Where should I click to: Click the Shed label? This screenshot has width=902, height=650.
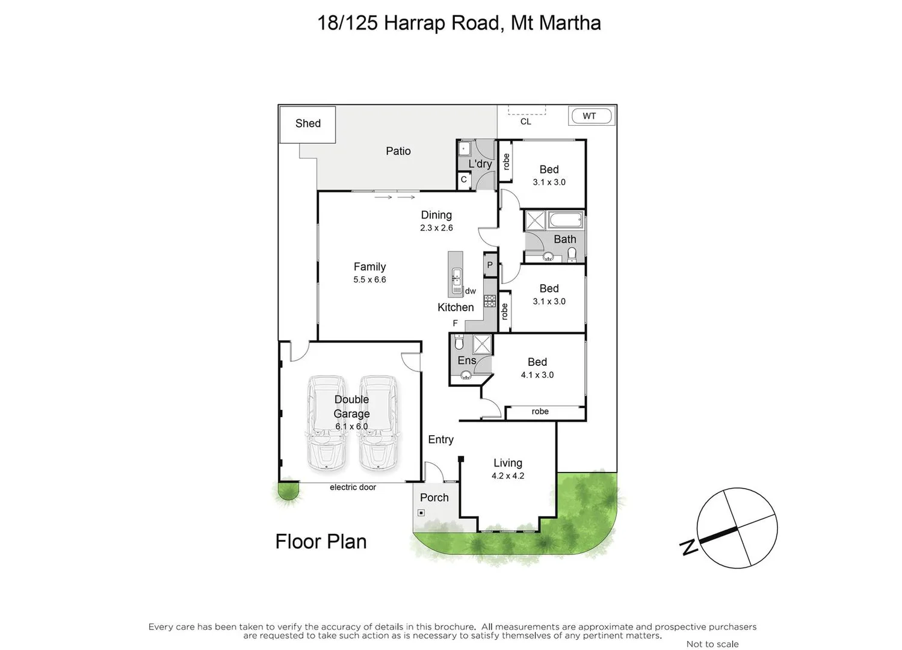pos(307,123)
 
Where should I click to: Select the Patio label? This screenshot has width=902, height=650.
pos(398,151)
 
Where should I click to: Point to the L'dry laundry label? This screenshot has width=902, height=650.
pos(480,164)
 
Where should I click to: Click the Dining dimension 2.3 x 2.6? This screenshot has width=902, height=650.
pos(436,228)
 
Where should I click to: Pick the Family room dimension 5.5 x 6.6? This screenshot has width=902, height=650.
pos(369,280)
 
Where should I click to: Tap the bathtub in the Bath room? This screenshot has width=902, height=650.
pos(566,220)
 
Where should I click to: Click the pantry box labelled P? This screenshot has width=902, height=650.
pos(490,265)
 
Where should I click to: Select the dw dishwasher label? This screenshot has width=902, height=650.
pos(471,291)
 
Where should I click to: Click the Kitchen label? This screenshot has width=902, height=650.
pos(455,308)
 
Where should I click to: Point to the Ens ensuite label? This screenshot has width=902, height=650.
pos(466,361)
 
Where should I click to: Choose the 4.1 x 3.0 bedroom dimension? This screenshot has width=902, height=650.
pos(537,375)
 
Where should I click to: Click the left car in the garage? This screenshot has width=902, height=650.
pos(326,423)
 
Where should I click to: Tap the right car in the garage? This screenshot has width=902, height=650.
pos(378,423)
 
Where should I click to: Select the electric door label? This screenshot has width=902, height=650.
pos(353,487)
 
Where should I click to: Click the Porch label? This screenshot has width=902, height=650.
pos(434,498)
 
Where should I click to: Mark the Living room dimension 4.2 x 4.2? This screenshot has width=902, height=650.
pos(507,476)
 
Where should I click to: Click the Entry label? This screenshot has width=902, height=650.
pos(440,440)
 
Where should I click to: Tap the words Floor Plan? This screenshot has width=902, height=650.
pos(321,542)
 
